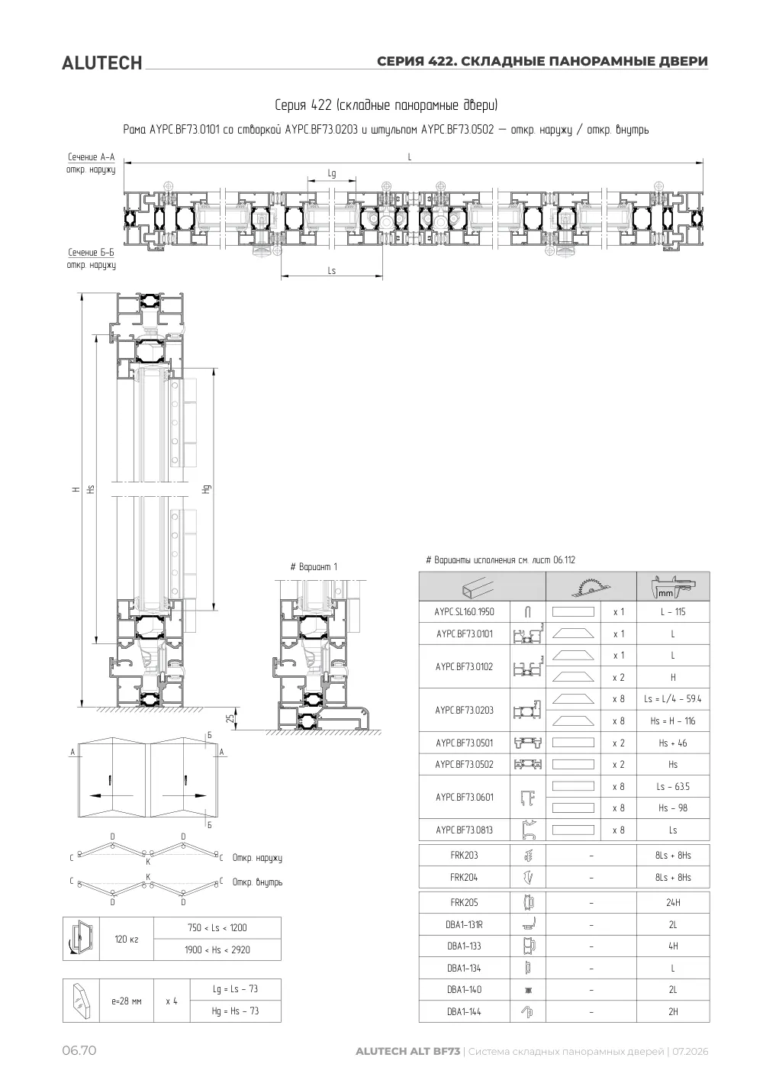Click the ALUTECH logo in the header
[x=102, y=63]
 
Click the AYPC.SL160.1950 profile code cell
[x=464, y=612]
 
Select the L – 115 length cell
[x=673, y=612]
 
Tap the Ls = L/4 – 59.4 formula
[x=673, y=698]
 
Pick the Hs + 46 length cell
[x=673, y=743]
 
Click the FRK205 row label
[x=464, y=903]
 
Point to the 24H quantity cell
[x=673, y=903]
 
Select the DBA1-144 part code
[x=464, y=1012]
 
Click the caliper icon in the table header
[x=673, y=586]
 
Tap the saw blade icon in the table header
[x=591, y=586]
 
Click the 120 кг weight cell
[x=127, y=940]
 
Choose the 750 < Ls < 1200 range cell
[x=217, y=928]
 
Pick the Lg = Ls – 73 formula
[x=235, y=989]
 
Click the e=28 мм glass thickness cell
[x=127, y=1001]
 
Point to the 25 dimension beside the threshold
[x=231, y=718]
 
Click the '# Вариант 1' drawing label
[x=314, y=567]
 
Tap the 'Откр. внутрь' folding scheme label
[x=257, y=882]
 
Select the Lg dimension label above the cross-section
[x=332, y=173]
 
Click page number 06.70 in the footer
[x=79, y=1050]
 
